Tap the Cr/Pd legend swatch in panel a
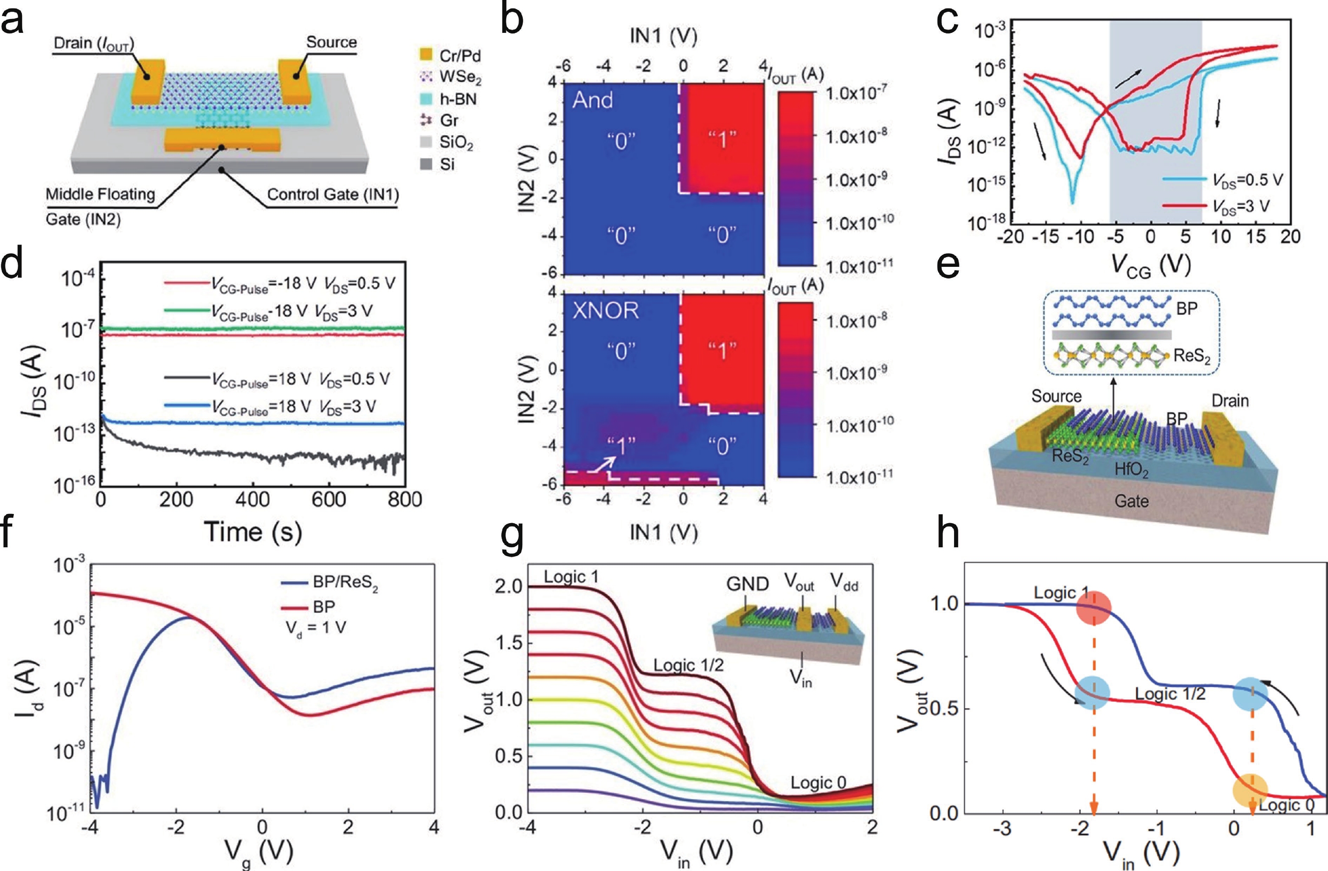pyautogui.click(x=426, y=55)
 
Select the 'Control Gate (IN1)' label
pyautogui.click(x=333, y=195)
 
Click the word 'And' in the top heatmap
pyautogui.click(x=593, y=100)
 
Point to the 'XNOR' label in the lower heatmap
pyautogui.click(x=605, y=310)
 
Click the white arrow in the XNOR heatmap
pyautogui.click(x=604, y=462)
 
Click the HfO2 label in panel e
pyautogui.click(x=1131, y=470)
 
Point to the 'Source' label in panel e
pyautogui.click(x=1056, y=396)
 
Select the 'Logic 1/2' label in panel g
pyautogui.click(x=688, y=665)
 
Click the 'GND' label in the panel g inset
pyautogui.click(x=747, y=584)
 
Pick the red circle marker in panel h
pyautogui.click(x=1094, y=608)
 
